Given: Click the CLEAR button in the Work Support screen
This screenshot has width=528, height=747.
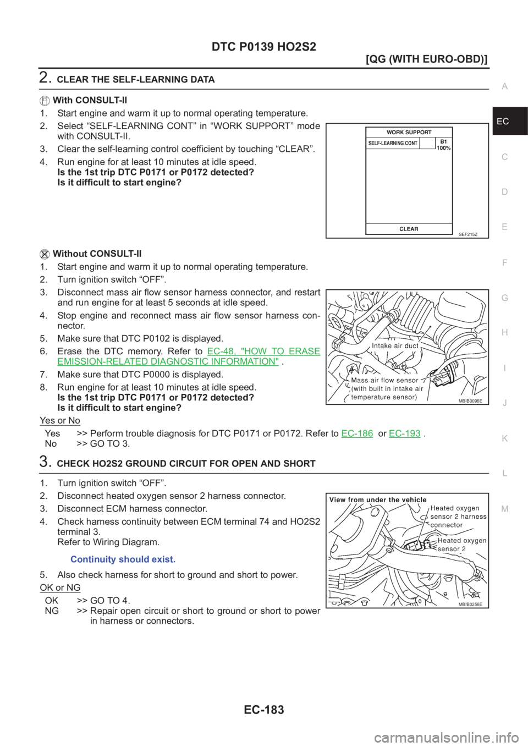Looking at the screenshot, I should click(409, 229).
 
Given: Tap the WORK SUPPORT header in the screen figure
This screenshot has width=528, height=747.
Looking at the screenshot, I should click(409, 132).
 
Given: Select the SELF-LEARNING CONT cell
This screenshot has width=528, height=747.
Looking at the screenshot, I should click(393, 143).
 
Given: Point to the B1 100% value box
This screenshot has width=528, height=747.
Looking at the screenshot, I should click(443, 145).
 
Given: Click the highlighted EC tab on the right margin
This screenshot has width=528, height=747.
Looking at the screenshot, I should click(503, 121).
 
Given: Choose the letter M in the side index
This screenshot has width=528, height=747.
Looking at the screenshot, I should click(505, 509).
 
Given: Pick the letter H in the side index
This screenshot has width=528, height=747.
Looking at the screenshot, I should click(504, 333).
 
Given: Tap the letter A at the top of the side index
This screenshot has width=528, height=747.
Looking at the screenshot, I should click(504, 86).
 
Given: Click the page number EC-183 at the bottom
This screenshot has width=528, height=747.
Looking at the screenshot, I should click(264, 710).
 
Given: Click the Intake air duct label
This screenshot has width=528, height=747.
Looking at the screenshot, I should click(395, 346).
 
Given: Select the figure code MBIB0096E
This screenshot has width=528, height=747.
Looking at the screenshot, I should click(470, 401).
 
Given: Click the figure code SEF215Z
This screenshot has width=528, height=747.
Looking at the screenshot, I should click(468, 234).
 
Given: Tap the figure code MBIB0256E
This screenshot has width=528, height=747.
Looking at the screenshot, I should click(470, 604).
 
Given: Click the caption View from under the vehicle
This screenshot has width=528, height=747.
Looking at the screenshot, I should click(378, 499).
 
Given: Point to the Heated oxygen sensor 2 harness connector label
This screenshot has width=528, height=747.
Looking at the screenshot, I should click(458, 517).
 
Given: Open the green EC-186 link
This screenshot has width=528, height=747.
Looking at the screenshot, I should click(357, 433).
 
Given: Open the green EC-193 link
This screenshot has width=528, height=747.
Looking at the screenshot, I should click(405, 433).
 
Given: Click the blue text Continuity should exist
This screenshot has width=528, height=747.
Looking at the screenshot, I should click(123, 559).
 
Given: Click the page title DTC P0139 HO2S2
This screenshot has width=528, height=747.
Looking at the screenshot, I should click(264, 47).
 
